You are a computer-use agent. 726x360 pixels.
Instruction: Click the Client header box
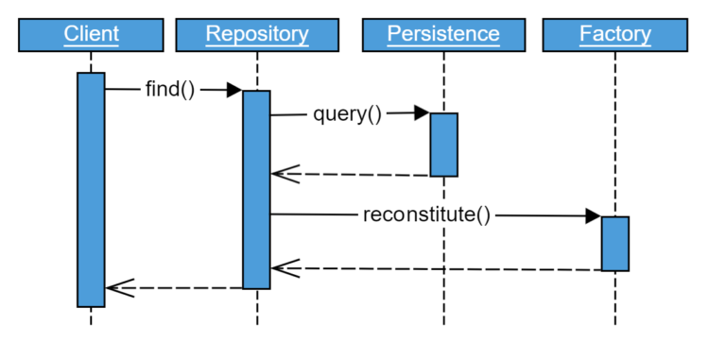[x=91, y=35]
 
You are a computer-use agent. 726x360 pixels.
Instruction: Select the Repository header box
[x=256, y=35]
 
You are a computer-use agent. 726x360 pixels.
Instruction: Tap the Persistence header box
[x=443, y=35]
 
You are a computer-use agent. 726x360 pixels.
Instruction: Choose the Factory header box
[x=614, y=35]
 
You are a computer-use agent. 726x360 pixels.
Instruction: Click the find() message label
[x=170, y=90]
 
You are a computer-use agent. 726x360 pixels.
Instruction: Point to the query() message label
[x=347, y=114]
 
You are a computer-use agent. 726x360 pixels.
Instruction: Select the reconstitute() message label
[x=427, y=214]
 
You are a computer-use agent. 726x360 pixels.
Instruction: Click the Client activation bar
[x=91, y=189]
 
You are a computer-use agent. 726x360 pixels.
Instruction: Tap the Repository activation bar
[x=256, y=189]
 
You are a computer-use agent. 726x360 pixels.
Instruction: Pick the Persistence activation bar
[x=444, y=145]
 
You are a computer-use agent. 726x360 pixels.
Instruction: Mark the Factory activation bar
[x=615, y=243]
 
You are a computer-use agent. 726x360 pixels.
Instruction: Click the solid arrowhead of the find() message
[x=234, y=90]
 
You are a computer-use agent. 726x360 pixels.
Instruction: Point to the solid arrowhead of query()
[x=422, y=113]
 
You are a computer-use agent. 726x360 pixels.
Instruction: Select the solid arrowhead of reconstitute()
[x=593, y=215]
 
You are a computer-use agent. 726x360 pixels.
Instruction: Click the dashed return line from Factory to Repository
[x=444, y=269]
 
